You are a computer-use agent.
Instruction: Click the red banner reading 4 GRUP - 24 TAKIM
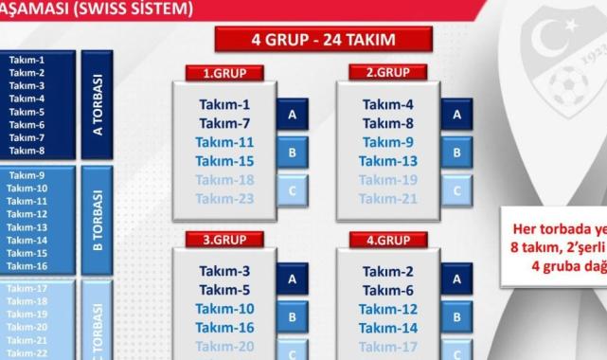pyautogui.click(x=323, y=40)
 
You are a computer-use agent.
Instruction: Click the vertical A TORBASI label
pyautogui.click(x=97, y=103)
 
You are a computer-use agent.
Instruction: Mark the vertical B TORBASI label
pyautogui.click(x=97, y=214)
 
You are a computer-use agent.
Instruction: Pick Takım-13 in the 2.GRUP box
pyautogui.click(x=389, y=161)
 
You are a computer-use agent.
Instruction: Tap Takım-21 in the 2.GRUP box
pyautogui.click(x=389, y=198)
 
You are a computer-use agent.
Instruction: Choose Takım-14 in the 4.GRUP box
pyautogui.click(x=389, y=328)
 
